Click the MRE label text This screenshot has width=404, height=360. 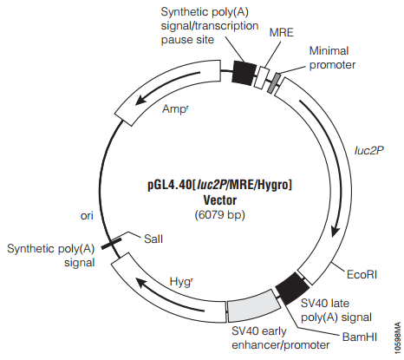[x=281, y=32]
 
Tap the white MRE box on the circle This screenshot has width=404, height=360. [x=262, y=77]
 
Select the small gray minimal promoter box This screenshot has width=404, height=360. [x=274, y=83]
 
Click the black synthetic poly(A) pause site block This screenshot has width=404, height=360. [x=244, y=73]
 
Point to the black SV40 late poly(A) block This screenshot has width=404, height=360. [x=292, y=288]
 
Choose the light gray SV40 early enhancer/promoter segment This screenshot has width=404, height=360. [x=254, y=306]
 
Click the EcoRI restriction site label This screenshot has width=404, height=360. [x=362, y=274]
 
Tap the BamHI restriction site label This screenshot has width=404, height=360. [x=360, y=337]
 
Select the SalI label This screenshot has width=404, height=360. [x=153, y=239]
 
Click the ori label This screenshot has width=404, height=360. [x=87, y=216]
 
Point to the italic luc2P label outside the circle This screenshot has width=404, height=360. [x=368, y=150]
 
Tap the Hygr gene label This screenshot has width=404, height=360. [x=181, y=282]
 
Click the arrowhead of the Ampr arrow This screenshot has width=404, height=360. [x=140, y=101]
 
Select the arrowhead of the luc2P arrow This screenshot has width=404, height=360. [x=335, y=232]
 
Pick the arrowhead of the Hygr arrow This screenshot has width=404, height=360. [x=141, y=283]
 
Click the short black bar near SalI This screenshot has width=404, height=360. [x=111, y=243]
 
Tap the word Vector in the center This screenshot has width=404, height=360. [x=220, y=200]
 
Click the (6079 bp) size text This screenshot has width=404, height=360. [x=220, y=215]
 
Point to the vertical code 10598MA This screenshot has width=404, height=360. [x=398, y=337]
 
